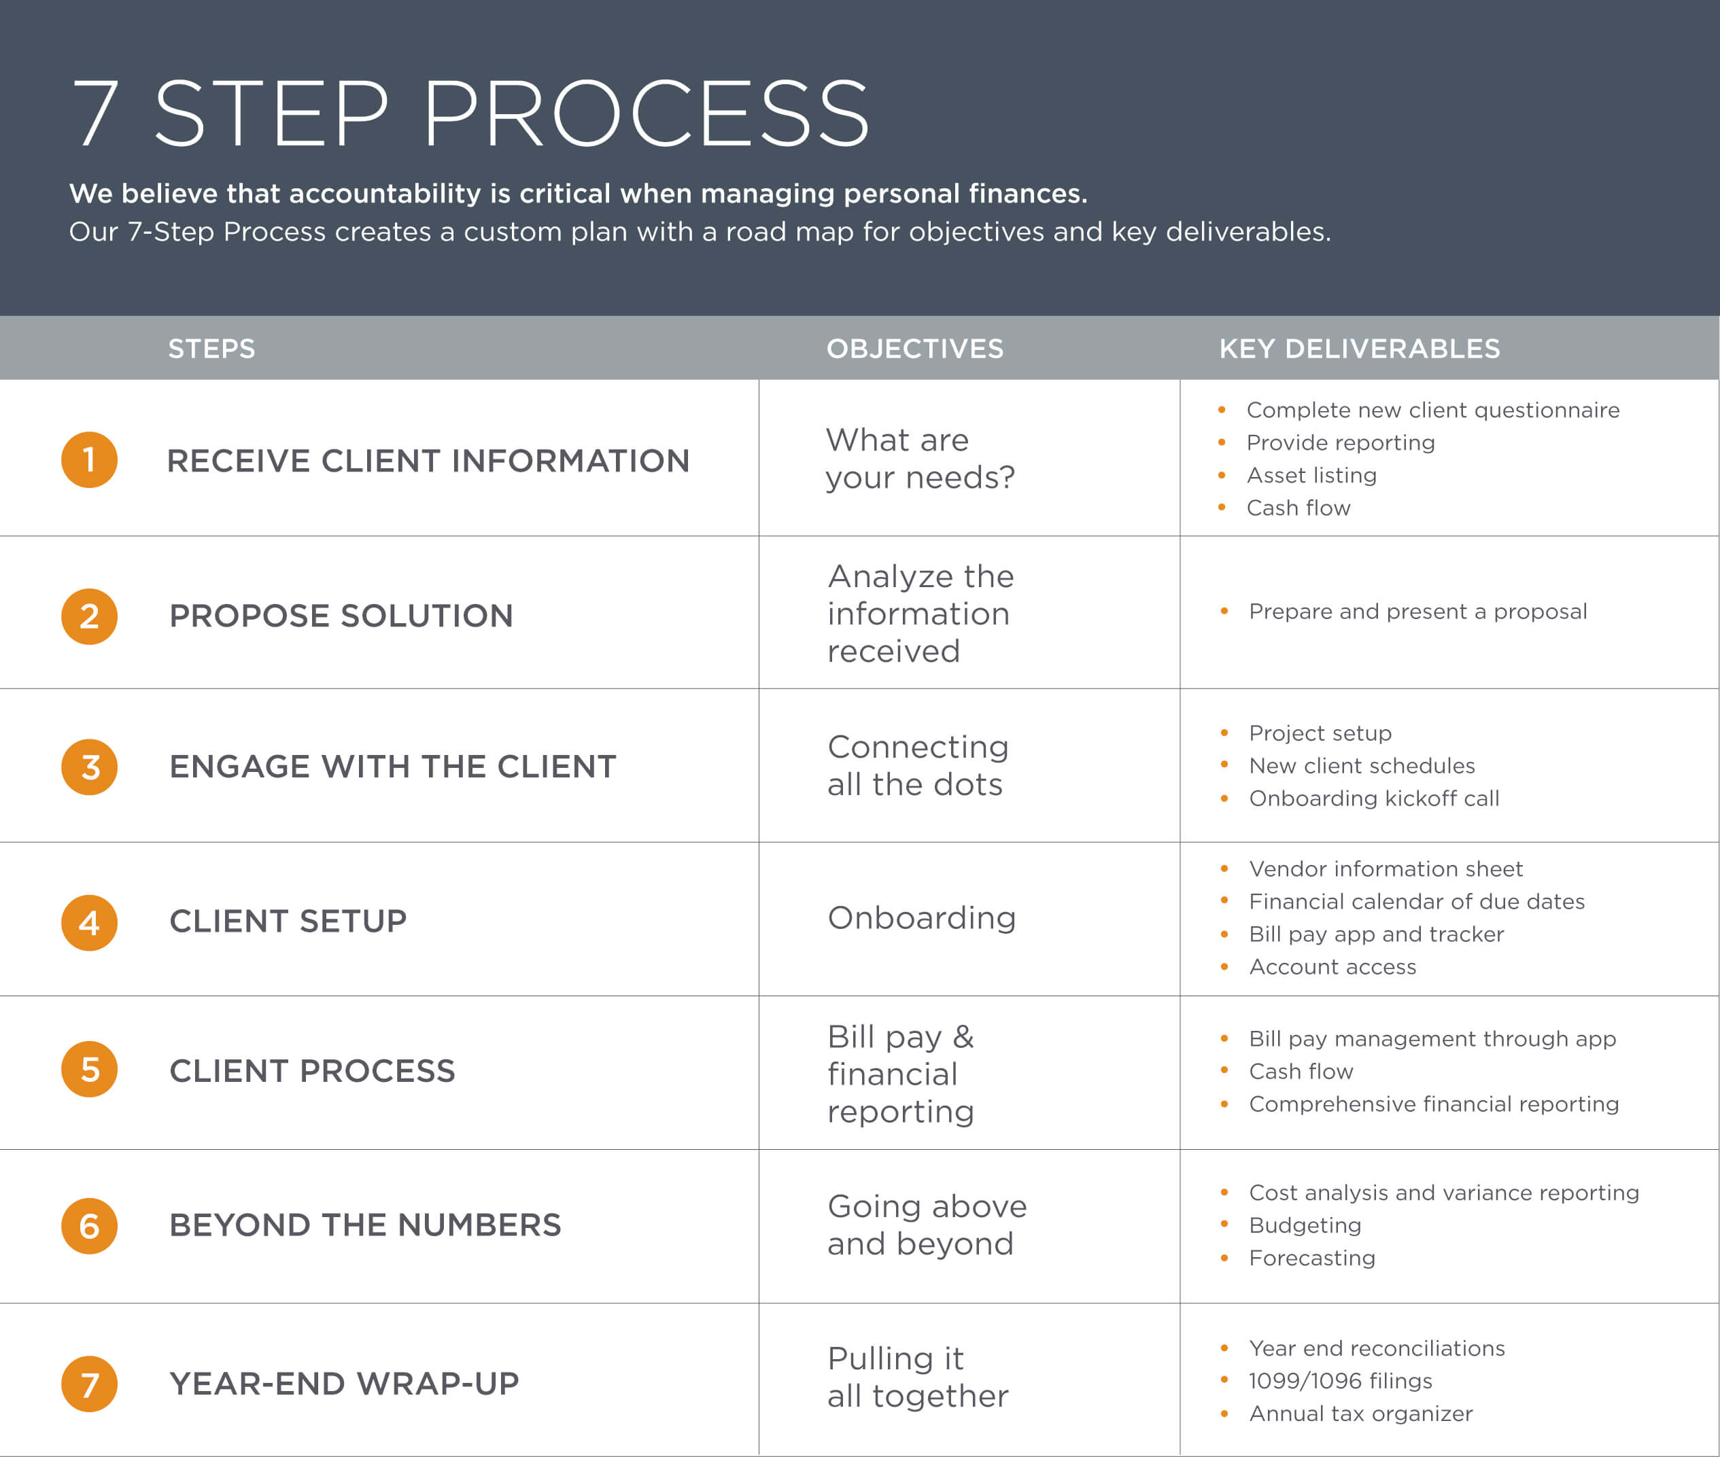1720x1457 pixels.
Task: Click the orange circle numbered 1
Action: (89, 460)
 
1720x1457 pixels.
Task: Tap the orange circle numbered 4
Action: (89, 923)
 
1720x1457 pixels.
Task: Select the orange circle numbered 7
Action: (89, 1384)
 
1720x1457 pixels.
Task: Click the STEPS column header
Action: (211, 349)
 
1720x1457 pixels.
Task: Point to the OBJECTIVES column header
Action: (915, 349)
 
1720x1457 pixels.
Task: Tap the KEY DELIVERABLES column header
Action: (1360, 349)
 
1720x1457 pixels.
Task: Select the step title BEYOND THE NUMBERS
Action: (365, 1225)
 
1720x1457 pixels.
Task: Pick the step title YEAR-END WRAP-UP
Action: (345, 1384)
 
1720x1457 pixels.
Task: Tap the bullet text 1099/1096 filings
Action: (1340, 1381)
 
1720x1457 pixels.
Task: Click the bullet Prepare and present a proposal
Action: (1417, 612)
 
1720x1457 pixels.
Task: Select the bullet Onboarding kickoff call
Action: (1374, 798)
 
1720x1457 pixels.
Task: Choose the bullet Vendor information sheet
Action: (1386, 869)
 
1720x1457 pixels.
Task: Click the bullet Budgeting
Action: (1305, 1226)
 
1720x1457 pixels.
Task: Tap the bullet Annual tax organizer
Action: (1360, 1414)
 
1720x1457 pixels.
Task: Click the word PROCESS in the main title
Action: (647, 113)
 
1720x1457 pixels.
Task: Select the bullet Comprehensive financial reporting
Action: (1433, 1104)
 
